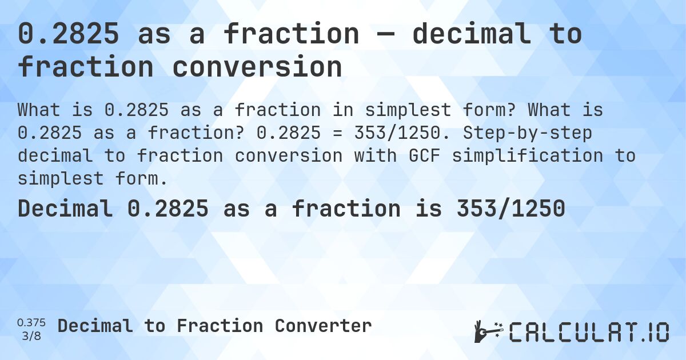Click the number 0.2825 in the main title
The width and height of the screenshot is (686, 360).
point(69,34)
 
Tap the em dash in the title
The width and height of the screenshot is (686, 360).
point(385,34)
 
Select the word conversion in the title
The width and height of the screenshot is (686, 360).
point(257,67)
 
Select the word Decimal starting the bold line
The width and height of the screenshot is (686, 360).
point(65,209)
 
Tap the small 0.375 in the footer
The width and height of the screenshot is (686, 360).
point(31,323)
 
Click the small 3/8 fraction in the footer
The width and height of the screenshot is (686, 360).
point(31,336)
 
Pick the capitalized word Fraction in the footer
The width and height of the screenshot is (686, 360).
point(220,326)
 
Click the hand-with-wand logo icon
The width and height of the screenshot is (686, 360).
point(488,331)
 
